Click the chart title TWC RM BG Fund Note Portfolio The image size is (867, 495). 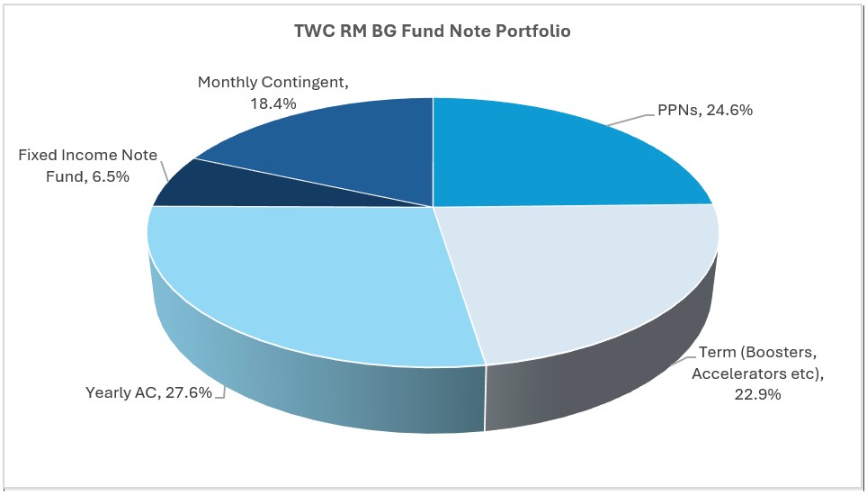433,31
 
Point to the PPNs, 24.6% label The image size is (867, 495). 699,111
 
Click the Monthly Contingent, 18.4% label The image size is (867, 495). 273,93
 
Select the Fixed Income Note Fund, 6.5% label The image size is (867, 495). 87,166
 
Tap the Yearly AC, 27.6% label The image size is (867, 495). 148,392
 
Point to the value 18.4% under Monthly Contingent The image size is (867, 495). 273,103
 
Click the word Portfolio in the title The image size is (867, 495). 537,31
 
